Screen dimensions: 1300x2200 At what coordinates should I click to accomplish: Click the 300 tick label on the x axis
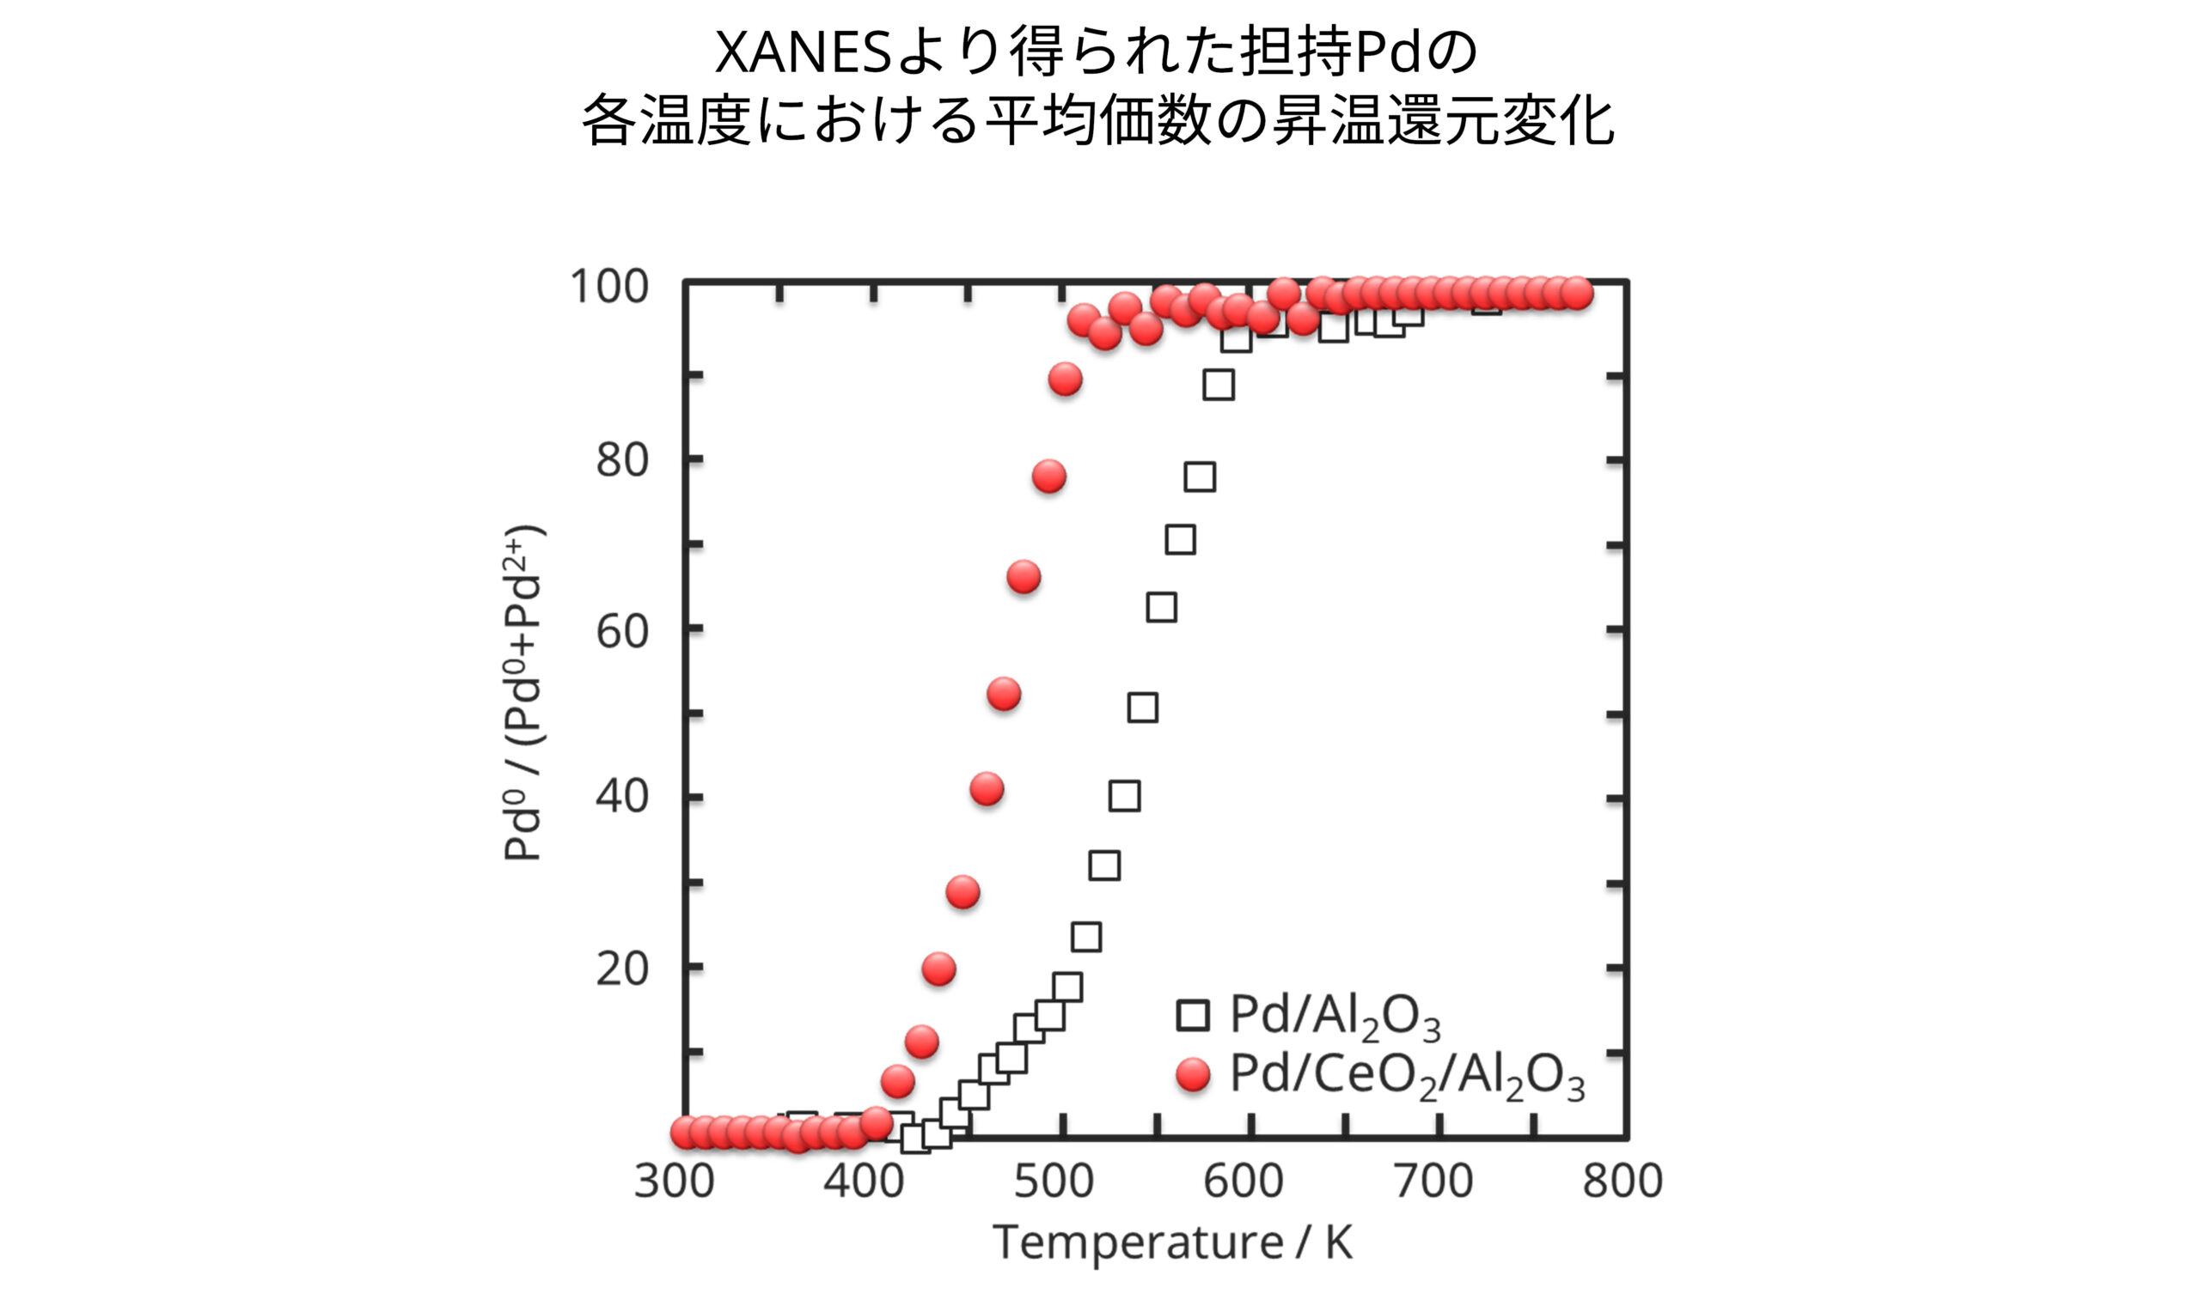674,1182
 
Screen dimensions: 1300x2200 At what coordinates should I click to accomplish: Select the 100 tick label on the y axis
609,287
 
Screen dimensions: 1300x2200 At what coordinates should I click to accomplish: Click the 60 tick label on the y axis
621,632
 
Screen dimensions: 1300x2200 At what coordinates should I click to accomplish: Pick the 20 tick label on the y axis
621,969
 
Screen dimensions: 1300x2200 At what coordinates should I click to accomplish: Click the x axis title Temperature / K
1172,1242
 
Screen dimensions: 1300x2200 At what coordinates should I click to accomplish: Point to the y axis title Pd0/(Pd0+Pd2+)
523,692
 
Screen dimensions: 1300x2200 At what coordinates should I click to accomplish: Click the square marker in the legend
1193,1015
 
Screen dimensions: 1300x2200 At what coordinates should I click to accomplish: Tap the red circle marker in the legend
1193,1074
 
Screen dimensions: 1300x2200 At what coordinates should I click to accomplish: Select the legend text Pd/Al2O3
1334,1016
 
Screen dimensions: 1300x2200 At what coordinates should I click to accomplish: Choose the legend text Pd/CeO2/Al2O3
1407,1075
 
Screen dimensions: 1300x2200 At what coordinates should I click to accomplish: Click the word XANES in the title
802,52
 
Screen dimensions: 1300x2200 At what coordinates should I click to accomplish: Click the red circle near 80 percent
1049,477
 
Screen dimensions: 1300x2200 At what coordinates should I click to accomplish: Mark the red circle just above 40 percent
987,789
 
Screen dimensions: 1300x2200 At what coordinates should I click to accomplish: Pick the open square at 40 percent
1125,796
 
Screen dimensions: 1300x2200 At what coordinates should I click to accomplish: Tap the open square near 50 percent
1143,708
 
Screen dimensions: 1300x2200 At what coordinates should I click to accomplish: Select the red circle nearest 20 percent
938,969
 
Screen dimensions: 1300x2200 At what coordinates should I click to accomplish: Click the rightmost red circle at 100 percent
1578,294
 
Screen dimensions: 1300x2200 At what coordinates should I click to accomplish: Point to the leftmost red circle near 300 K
687,1133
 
